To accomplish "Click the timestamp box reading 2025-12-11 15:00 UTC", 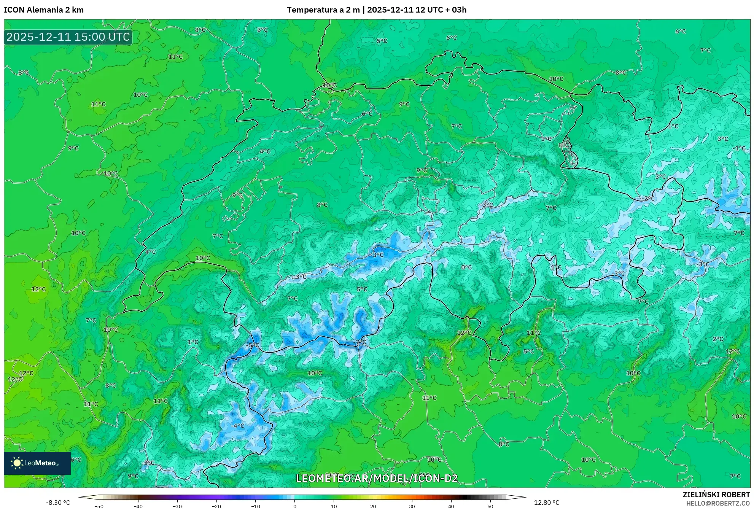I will pyautogui.click(x=68, y=37).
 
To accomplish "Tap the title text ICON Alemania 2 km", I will pyautogui.click(x=44, y=10).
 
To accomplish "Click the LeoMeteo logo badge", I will pyautogui.click(x=37, y=463).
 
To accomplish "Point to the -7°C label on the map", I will pyautogui.click(x=359, y=342).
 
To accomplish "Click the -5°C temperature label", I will pyautogui.click(x=252, y=345).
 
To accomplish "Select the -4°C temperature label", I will pyautogui.click(x=238, y=426).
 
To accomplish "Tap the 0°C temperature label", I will pyautogui.click(x=466, y=267).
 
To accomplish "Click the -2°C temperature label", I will pyautogui.click(x=648, y=199).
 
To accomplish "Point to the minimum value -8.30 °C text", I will pyautogui.click(x=58, y=503).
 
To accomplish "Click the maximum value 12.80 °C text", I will pyautogui.click(x=547, y=503).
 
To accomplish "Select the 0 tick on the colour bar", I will pyautogui.click(x=294, y=506).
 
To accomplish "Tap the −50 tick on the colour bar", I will pyautogui.click(x=99, y=506).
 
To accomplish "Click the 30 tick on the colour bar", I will pyautogui.click(x=412, y=506).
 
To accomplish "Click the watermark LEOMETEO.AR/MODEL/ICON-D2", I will pyautogui.click(x=377, y=478).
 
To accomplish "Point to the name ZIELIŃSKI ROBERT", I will pyautogui.click(x=716, y=495).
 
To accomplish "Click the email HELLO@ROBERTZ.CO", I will pyautogui.click(x=718, y=503).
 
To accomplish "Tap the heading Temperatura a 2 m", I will pyautogui.click(x=323, y=10).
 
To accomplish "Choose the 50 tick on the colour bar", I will pyautogui.click(x=490, y=506).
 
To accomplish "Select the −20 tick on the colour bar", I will pyautogui.click(x=216, y=506).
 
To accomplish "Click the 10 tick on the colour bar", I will pyautogui.click(x=334, y=506).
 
